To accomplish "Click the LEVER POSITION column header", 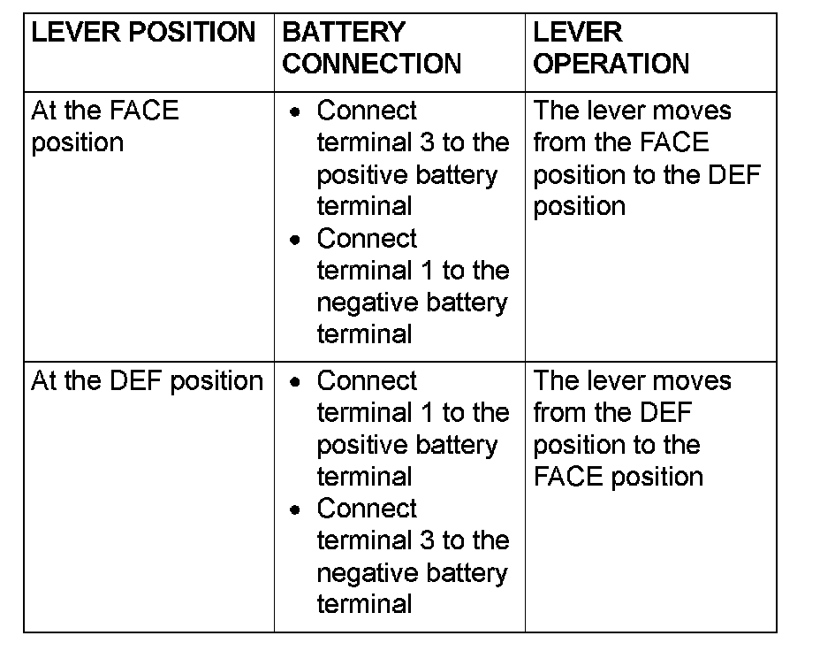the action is point(143,32).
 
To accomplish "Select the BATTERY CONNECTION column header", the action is point(372,48).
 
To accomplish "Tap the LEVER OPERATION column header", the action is point(611,48).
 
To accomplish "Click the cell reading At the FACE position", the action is point(105,126).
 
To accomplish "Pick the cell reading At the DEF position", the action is point(147,381).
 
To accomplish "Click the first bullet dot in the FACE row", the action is point(295,112).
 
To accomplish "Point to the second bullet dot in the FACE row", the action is point(295,241).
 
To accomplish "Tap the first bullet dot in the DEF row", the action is point(295,382).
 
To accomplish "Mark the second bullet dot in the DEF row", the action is point(295,509).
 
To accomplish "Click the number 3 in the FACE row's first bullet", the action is point(428,142).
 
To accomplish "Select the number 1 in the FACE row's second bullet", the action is point(428,271).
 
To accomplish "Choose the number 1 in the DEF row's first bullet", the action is point(428,412).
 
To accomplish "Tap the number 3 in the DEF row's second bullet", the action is point(428,540).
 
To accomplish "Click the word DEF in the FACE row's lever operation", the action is point(733,175).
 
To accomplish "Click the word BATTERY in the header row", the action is point(344,32).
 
